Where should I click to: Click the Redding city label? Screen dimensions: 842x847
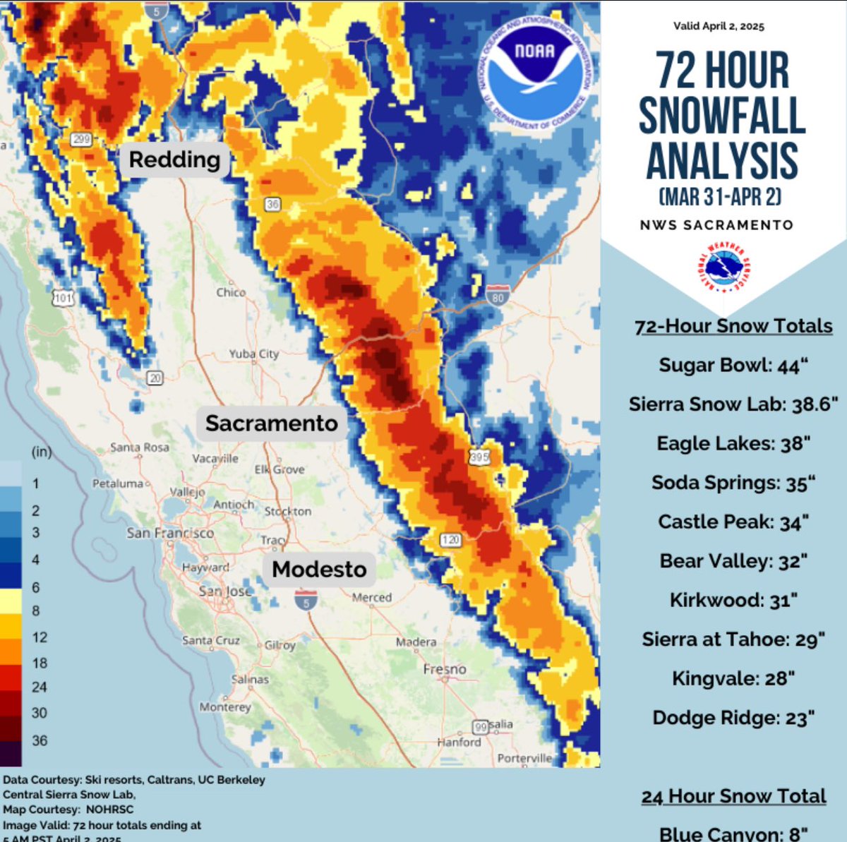coord(174,160)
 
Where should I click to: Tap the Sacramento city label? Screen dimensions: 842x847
coord(272,423)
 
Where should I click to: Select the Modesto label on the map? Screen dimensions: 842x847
coord(319,569)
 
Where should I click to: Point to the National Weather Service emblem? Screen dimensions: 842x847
coord(723,269)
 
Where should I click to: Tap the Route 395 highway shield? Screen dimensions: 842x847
coord(479,457)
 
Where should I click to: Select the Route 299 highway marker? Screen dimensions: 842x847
coord(81,139)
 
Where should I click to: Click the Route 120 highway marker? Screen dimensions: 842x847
coord(450,540)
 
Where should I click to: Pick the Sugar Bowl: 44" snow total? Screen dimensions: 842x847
coord(733,365)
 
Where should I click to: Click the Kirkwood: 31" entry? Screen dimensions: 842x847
coord(733,600)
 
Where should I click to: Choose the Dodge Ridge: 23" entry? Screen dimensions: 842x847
coord(733,718)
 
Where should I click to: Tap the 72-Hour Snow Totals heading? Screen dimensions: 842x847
coord(733,326)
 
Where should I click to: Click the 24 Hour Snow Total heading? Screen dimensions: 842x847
coord(733,796)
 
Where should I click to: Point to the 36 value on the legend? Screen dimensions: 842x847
coord(40,740)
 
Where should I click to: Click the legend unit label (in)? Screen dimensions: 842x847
coord(42,452)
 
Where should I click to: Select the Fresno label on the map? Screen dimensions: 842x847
coord(445,668)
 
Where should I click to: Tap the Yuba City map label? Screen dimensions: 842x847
coord(253,354)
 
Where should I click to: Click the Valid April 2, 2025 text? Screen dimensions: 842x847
coord(719,26)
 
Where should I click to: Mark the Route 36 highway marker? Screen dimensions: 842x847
coord(272,204)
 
